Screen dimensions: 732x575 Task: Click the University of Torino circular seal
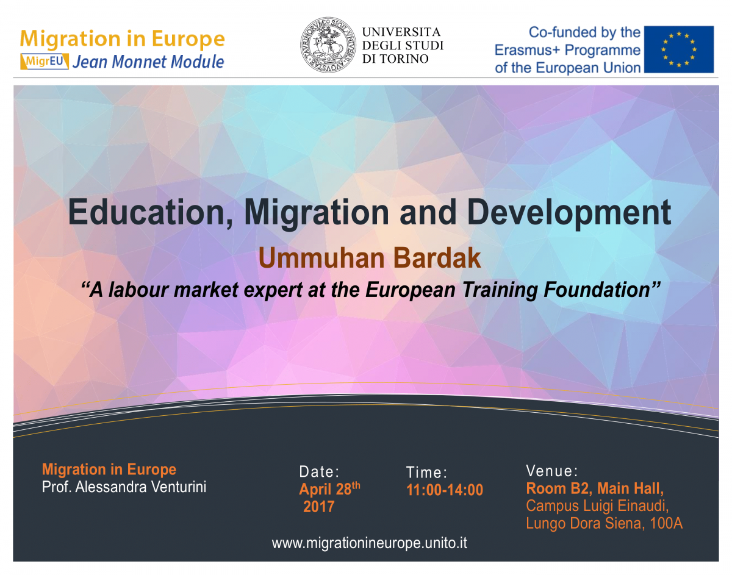coord(328,45)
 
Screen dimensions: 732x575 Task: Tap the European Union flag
coord(679,49)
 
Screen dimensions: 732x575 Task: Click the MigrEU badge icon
coord(45,61)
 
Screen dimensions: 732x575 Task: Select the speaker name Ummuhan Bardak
coord(370,258)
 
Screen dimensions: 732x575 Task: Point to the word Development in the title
coord(569,213)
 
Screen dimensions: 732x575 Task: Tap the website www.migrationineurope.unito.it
coord(370,543)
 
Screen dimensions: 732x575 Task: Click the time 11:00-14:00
coord(445,490)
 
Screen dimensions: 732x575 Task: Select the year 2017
coord(318,506)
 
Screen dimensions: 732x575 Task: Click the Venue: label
coord(552,471)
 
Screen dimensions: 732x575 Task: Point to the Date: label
coord(319,472)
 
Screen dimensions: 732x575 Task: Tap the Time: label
coord(427,473)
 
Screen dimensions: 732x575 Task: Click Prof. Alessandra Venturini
coord(124,487)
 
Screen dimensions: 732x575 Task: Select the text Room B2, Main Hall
coord(595,488)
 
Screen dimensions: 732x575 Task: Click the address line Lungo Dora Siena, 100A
coord(605,523)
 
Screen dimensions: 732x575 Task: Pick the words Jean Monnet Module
coord(149,62)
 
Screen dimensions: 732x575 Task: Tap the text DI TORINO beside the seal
coord(395,59)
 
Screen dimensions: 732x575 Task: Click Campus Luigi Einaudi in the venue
coord(597,505)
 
